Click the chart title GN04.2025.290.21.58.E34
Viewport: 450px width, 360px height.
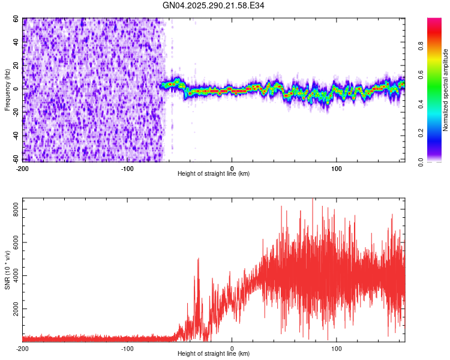pyautogui.click(x=214, y=5)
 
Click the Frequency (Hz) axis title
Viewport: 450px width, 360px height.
pyautogui.click(x=7, y=90)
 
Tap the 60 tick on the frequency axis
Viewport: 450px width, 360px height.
pyautogui.click(x=15, y=19)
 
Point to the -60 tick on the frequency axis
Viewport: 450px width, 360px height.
pyautogui.click(x=13, y=160)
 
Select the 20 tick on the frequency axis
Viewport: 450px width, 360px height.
pyautogui.click(x=15, y=65)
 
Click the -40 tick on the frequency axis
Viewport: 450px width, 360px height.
pyautogui.click(x=13, y=136)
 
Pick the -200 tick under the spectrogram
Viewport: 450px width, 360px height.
pyautogui.click(x=22, y=168)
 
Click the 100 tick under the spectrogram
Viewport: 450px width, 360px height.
pyautogui.click(x=337, y=168)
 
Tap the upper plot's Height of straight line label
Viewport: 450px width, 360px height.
pyautogui.click(x=214, y=174)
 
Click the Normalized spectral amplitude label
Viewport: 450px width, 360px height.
pyautogui.click(x=446, y=90)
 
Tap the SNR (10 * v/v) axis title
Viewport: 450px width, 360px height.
pyautogui.click(x=7, y=270)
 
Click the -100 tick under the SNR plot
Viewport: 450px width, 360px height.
pyautogui.click(x=127, y=348)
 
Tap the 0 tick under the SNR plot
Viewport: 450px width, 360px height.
pyautogui.click(x=232, y=348)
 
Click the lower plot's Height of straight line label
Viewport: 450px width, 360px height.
pyautogui.click(x=214, y=354)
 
